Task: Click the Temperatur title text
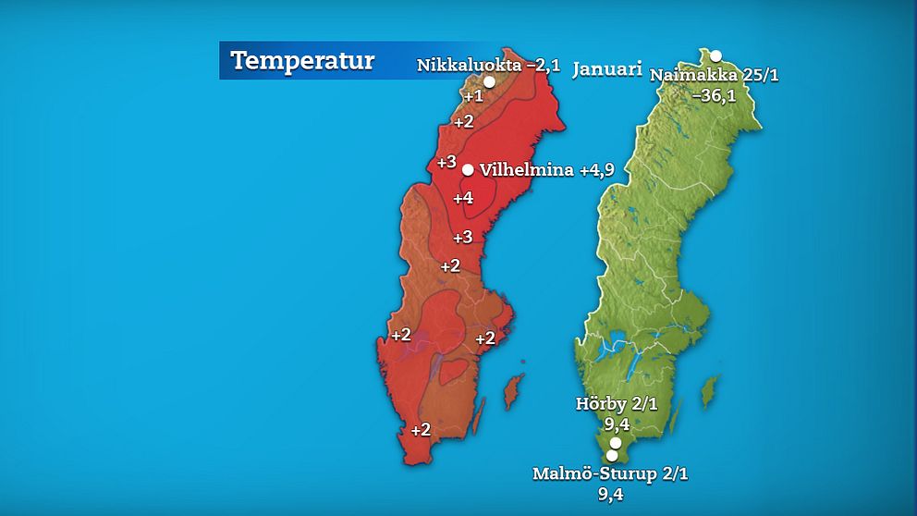(x=302, y=61)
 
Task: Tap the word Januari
(x=606, y=69)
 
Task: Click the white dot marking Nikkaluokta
(x=489, y=81)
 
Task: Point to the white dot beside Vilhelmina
(x=468, y=169)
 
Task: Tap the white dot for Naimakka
(x=715, y=56)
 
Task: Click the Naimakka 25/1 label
(x=715, y=75)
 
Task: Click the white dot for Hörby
(x=616, y=442)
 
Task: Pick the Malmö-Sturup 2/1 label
(x=611, y=473)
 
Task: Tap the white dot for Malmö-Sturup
(x=611, y=456)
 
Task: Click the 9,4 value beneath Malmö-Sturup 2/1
(x=611, y=494)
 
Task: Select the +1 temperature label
(x=473, y=96)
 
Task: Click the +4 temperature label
(x=463, y=197)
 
